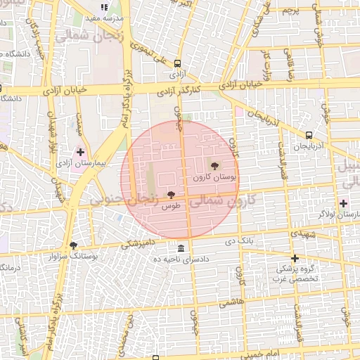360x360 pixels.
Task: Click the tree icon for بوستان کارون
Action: pos(214,166)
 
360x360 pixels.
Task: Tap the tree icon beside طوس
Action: pos(170,195)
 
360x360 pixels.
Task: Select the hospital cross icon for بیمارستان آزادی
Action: pos(81,152)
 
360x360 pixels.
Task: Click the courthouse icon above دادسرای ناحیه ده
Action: pos(181,249)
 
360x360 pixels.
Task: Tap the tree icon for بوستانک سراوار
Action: pos(73,245)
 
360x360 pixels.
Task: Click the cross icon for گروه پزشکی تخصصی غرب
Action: pos(295,258)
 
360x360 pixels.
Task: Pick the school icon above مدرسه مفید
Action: pos(105,7)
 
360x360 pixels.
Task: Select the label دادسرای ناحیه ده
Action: pos(181,259)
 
